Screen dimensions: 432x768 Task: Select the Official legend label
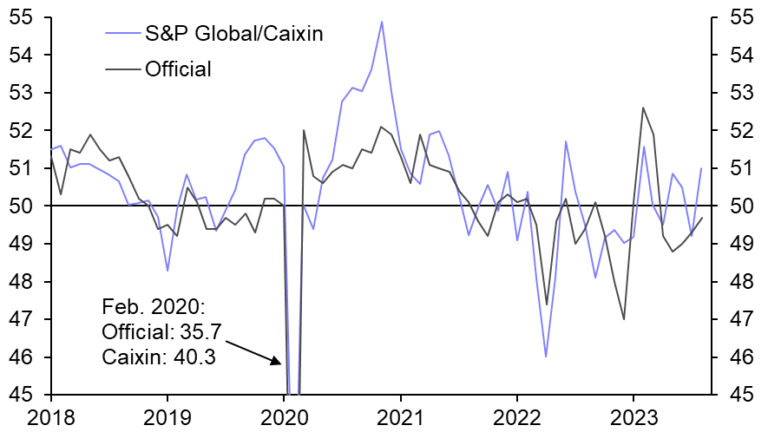point(179,69)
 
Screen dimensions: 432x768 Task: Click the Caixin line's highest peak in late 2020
point(382,22)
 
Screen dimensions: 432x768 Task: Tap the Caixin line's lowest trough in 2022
point(546,357)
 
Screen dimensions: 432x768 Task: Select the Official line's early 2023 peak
point(643,108)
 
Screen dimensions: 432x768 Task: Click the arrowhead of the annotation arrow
point(279,362)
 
